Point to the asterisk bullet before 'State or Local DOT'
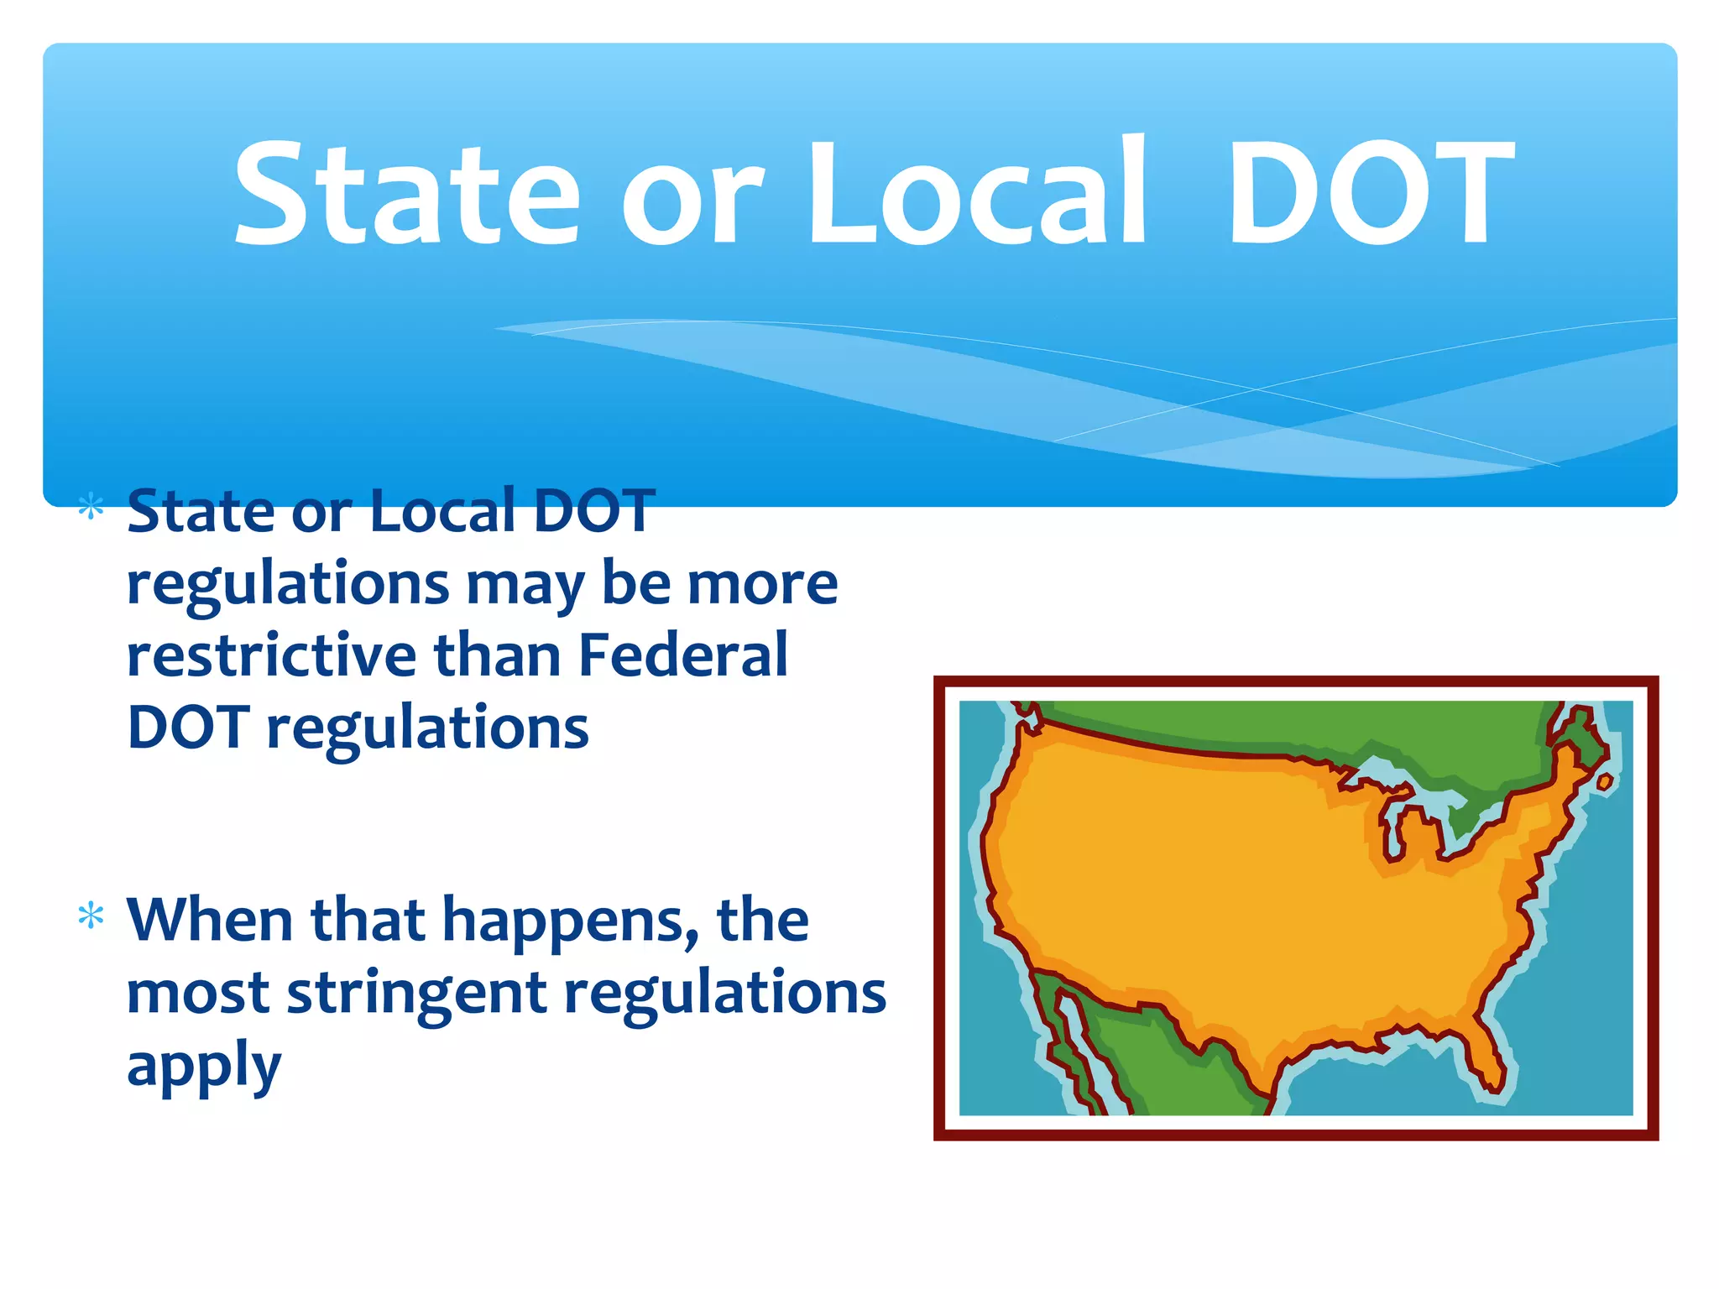(x=91, y=509)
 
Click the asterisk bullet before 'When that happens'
(x=91, y=916)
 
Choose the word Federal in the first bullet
(x=683, y=655)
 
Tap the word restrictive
(x=271, y=655)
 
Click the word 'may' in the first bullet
(x=525, y=586)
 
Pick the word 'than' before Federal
(x=497, y=655)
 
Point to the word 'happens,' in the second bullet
(x=571, y=923)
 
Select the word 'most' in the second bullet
(x=198, y=994)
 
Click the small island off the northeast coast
(x=1604, y=782)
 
